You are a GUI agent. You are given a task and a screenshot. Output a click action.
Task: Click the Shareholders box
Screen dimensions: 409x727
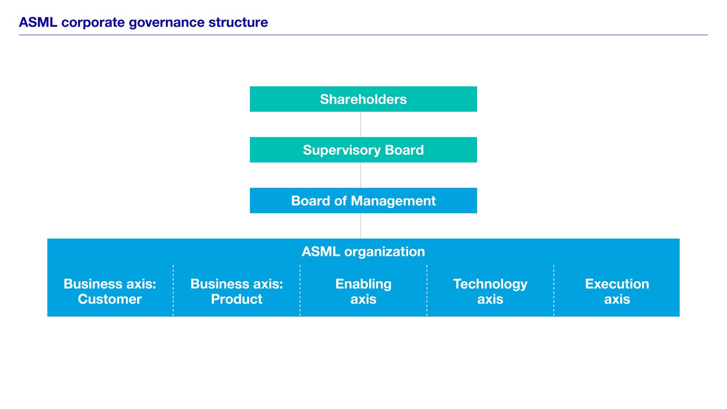[363, 99]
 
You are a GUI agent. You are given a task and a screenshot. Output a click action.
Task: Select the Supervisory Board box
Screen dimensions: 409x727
[363, 150]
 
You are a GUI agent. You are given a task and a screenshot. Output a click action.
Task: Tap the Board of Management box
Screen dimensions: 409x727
[363, 200]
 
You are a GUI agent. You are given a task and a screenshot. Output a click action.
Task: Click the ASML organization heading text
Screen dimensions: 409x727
[363, 251]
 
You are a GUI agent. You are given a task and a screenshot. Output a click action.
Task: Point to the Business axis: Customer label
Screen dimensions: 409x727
[110, 291]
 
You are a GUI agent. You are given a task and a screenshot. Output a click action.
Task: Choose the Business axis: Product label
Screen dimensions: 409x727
[236, 291]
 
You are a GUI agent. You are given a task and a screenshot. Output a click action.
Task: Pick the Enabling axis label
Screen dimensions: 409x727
[363, 291]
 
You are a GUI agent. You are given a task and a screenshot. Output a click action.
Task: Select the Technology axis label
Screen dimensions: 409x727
[490, 291]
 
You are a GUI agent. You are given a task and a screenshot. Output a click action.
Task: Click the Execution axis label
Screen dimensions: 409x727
[617, 291]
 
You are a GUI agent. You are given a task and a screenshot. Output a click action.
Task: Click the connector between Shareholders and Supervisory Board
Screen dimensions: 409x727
[361, 125]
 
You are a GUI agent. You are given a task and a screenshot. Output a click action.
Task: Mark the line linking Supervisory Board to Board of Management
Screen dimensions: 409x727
[361, 175]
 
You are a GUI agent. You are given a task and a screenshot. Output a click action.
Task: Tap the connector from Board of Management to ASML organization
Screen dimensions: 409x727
[361, 226]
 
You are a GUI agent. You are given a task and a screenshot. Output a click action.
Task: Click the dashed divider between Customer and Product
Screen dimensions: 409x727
[173, 291]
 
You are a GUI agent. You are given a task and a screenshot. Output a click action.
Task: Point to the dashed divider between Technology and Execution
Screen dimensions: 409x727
[554, 291]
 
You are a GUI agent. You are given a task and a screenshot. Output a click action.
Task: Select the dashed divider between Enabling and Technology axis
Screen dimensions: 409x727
[427, 291]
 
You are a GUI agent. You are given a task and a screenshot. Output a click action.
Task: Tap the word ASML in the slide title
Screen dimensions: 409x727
[38, 22]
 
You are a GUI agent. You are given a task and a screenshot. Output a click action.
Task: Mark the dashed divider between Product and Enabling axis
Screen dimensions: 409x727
[300, 291]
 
